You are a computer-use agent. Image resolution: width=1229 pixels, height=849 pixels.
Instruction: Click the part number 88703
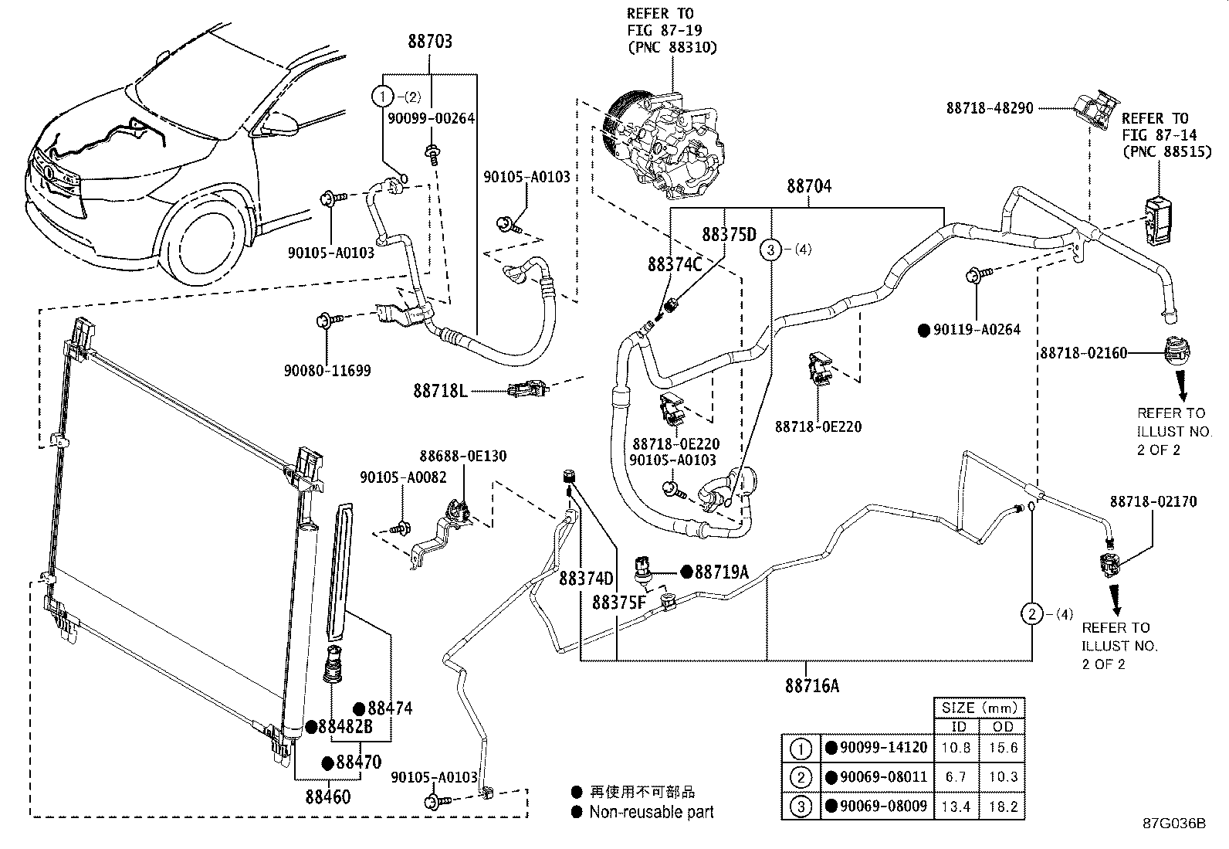[x=431, y=42]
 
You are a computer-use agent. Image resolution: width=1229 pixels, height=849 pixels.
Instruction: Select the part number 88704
[x=809, y=186]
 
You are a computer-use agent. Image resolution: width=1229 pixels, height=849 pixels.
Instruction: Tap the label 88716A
[x=812, y=685]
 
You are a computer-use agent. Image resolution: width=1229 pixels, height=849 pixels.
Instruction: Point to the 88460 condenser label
[x=327, y=795]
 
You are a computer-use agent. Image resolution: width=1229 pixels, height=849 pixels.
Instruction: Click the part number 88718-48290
[x=990, y=109]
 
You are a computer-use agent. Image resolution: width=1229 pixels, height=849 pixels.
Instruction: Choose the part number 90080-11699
[x=327, y=371]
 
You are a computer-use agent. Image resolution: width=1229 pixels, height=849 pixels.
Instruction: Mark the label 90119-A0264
[x=977, y=330]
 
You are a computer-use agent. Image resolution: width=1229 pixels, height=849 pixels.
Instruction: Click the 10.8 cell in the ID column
[x=956, y=748]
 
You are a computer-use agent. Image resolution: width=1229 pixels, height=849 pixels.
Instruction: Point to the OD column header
[x=1002, y=727]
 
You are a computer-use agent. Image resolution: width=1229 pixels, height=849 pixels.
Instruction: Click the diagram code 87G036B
[x=1174, y=824]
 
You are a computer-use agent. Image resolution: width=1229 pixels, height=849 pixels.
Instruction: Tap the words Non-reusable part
[x=651, y=812]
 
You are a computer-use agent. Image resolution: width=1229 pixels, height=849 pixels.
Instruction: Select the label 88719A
[x=722, y=572]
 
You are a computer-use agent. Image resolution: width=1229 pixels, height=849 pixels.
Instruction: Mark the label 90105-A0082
[x=403, y=478]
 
